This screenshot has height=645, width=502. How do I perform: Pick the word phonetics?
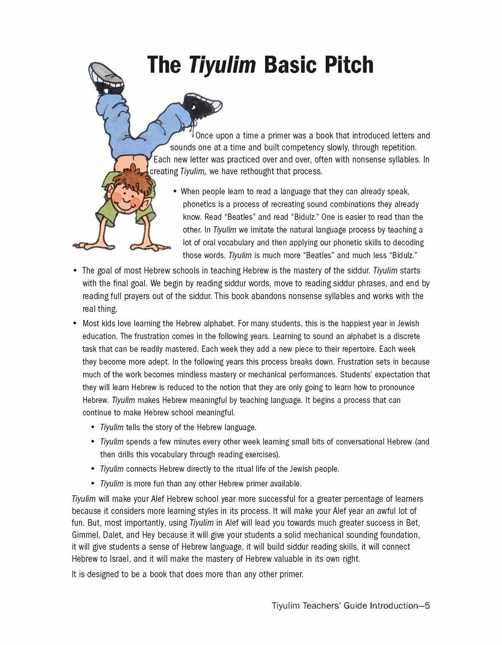[x=200, y=205]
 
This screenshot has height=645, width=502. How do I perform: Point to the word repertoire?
[x=354, y=349]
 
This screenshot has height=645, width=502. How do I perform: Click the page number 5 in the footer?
[x=426, y=606]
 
